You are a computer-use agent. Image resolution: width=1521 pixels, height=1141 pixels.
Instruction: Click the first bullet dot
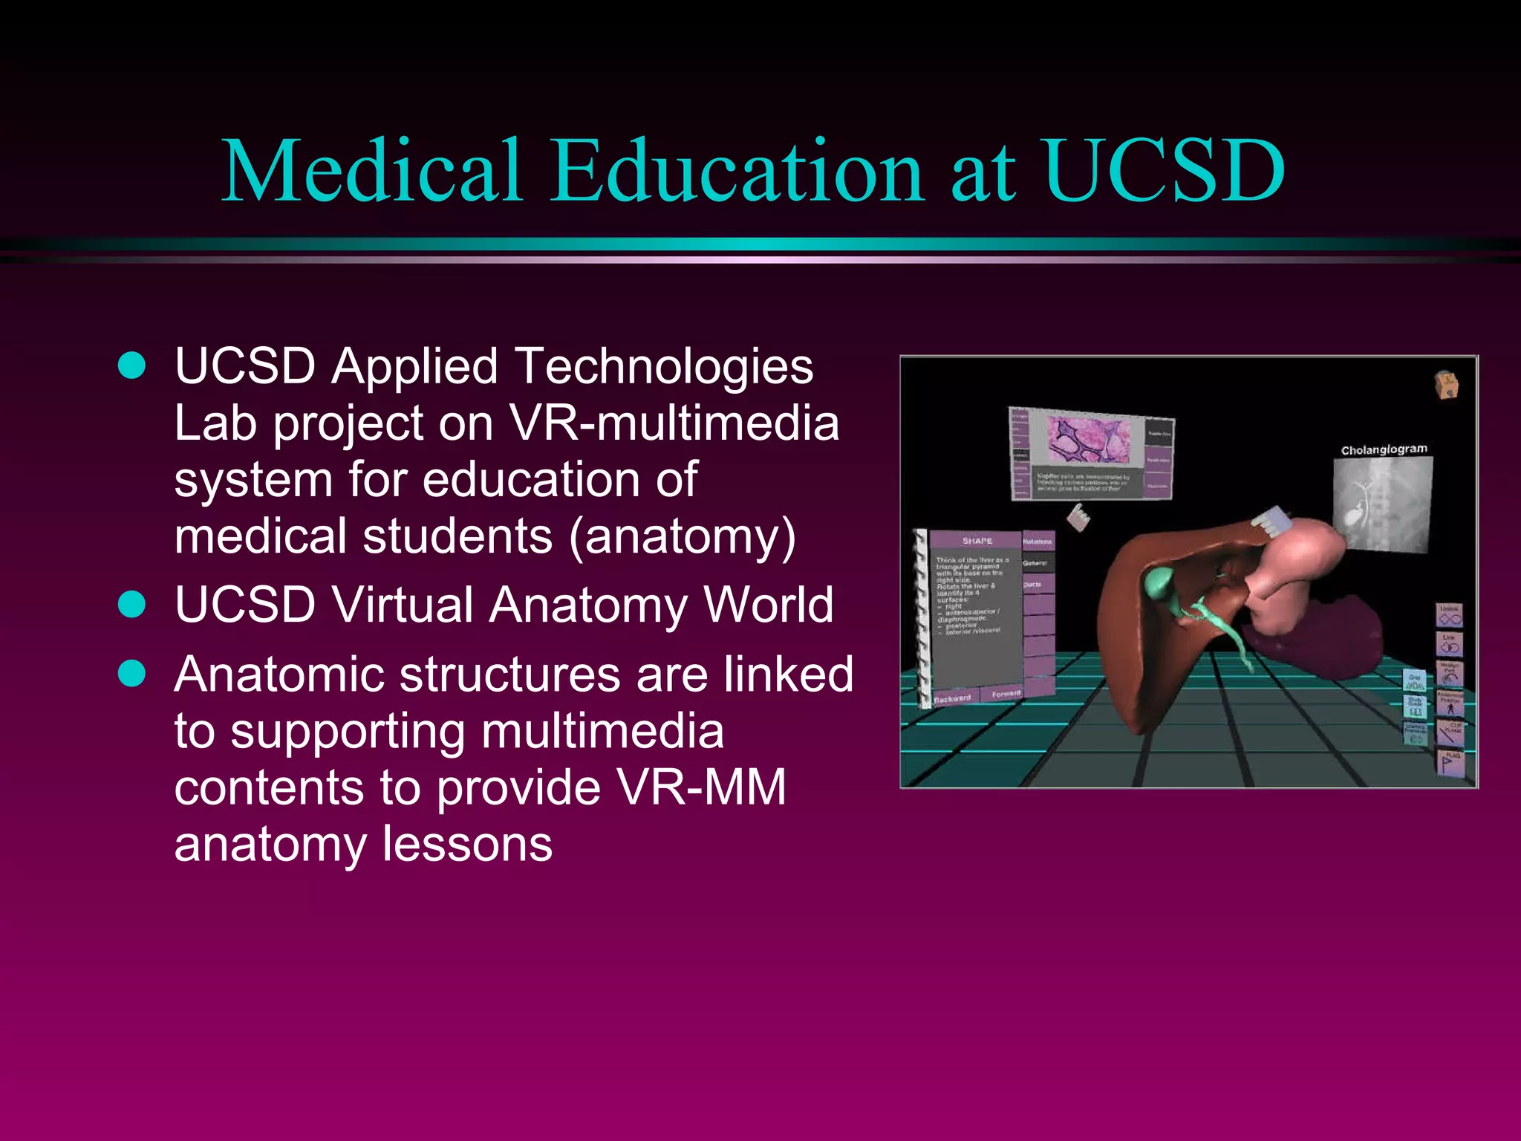132,365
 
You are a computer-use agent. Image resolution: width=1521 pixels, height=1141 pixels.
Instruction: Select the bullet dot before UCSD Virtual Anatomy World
132,604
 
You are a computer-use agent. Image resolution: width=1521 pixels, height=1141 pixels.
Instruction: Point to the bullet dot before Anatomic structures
132,674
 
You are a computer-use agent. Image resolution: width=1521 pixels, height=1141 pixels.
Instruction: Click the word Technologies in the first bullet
664,367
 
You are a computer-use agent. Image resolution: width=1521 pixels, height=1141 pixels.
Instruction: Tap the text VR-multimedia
674,423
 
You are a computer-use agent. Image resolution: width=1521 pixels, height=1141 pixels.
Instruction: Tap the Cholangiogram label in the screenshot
1384,449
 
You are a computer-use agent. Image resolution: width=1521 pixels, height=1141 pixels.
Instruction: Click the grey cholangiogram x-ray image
1382,504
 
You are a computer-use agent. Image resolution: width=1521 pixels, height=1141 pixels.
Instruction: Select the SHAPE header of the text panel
977,540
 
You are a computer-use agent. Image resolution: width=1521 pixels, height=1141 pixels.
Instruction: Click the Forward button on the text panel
1006,694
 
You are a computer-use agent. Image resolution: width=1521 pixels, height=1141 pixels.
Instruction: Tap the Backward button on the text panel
952,698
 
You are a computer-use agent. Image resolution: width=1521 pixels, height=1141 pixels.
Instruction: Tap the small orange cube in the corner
1445,385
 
